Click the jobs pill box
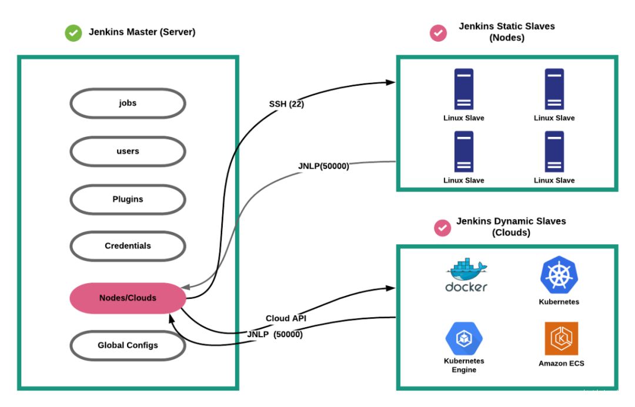pyautogui.click(x=128, y=103)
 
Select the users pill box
pyautogui.click(x=128, y=152)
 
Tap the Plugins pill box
pyautogui.click(x=128, y=200)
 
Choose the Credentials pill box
pyautogui.click(x=128, y=246)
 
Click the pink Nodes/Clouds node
pyautogui.click(x=128, y=298)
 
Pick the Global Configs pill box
pyautogui.click(x=128, y=345)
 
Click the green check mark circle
pyautogui.click(x=73, y=33)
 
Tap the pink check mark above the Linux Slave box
pyautogui.click(x=438, y=33)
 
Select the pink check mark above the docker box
pyautogui.click(x=443, y=227)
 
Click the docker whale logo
pyautogui.click(x=466, y=269)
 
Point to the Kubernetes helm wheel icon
pyautogui.click(x=559, y=275)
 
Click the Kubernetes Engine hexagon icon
pyautogui.click(x=464, y=338)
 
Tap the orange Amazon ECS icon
pyautogui.click(x=562, y=338)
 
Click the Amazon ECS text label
pyautogui.click(x=562, y=364)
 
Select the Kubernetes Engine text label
pyautogui.click(x=464, y=365)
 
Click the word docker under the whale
pyautogui.click(x=466, y=287)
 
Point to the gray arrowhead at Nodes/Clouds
pyautogui.click(x=184, y=288)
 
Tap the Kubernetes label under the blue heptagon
pyautogui.click(x=559, y=302)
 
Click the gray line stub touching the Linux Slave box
pyautogui.click(x=373, y=162)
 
